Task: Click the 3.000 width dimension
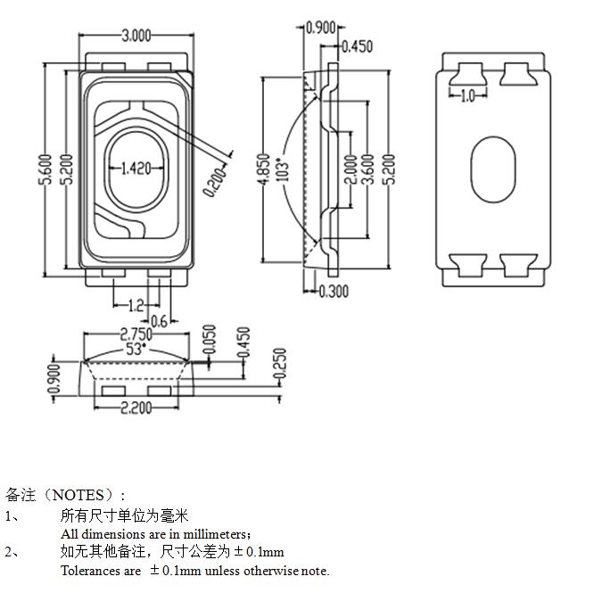click(x=136, y=36)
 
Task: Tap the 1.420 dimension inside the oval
click(x=135, y=167)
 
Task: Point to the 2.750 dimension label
click(x=135, y=334)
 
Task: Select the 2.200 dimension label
click(x=136, y=408)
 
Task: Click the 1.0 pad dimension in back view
click(x=467, y=96)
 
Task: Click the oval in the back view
click(x=492, y=169)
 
